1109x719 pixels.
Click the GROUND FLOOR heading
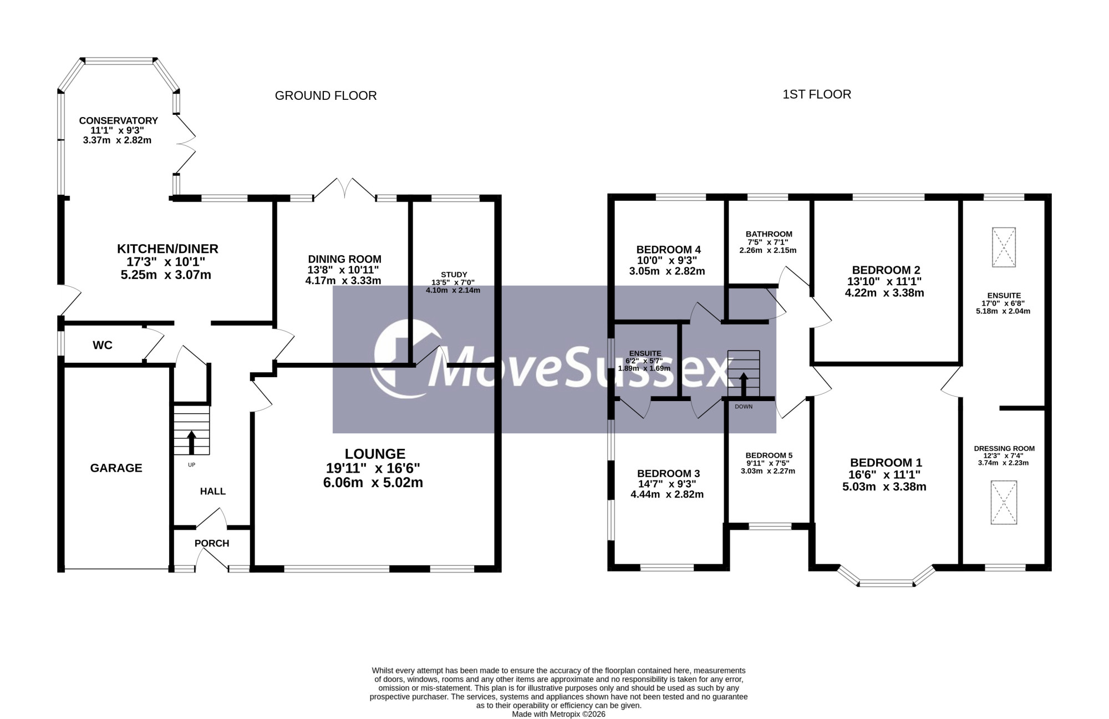[325, 95]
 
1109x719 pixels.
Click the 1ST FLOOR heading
[817, 94]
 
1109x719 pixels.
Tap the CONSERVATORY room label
[118, 120]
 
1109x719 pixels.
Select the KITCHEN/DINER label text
[167, 249]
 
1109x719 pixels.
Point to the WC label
[103, 345]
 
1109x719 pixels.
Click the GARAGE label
[116, 468]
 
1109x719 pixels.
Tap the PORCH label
[212, 543]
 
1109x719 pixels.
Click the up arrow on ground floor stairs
[192, 443]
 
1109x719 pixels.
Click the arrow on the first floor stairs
[743, 384]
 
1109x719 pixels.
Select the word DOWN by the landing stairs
[744, 407]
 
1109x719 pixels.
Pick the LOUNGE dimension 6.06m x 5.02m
[373, 483]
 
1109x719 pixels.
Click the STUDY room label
[454, 275]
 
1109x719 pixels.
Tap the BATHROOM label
[769, 234]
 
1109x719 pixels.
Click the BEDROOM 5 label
[769, 455]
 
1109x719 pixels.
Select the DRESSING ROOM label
[1004, 449]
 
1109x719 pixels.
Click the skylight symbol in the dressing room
[1004, 502]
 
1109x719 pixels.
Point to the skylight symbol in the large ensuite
[1004, 247]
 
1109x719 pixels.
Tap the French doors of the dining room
[344, 189]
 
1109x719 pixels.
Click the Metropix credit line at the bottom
[558, 714]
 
